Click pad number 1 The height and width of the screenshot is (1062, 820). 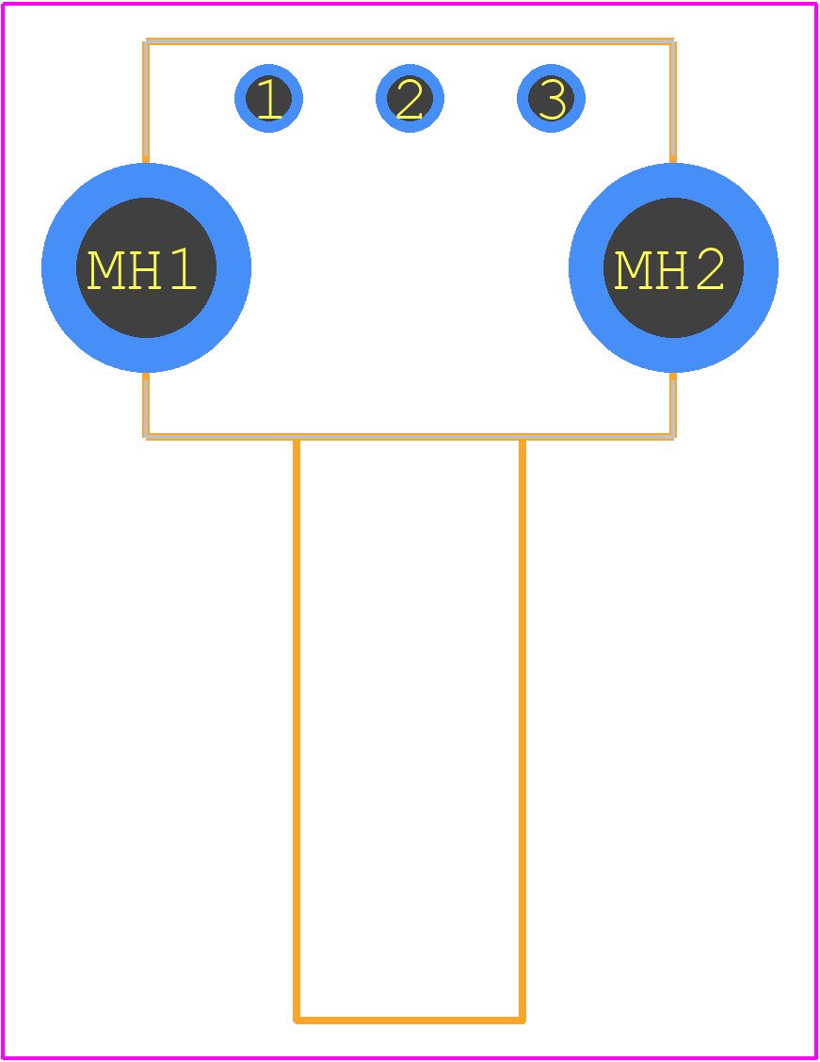269,98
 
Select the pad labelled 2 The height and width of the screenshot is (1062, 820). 410,98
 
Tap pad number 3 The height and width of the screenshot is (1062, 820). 551,98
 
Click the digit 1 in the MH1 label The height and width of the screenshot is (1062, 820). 184,269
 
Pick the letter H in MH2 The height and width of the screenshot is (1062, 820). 671,269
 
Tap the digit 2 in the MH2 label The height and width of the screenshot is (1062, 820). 710,269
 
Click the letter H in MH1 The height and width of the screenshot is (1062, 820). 144,269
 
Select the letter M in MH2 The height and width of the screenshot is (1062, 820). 633,269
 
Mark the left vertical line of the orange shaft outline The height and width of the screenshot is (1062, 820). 297,731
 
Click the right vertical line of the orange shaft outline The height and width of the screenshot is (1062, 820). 523,731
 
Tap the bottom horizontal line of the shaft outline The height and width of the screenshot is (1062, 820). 410,1020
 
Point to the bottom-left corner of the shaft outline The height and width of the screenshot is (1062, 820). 297,1020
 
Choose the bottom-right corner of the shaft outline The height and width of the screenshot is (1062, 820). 523,1020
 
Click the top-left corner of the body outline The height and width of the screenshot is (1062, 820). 146,42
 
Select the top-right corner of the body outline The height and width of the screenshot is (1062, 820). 673,42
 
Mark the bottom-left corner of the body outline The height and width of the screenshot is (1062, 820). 146,436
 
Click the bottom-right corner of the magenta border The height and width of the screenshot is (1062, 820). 816,1058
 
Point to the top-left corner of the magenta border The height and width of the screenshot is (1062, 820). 4,4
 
